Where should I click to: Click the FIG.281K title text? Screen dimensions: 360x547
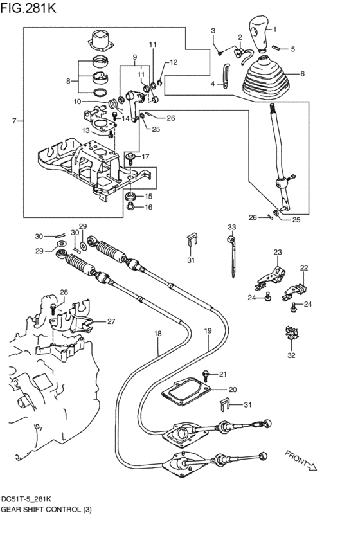click(x=28, y=8)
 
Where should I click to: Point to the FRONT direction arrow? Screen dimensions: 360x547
click(x=301, y=460)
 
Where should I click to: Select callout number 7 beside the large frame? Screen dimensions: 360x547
click(x=14, y=121)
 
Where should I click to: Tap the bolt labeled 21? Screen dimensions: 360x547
click(x=206, y=376)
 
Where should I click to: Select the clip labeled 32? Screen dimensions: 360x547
click(x=292, y=334)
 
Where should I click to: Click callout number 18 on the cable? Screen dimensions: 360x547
click(x=157, y=334)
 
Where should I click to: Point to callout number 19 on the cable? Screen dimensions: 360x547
click(x=208, y=331)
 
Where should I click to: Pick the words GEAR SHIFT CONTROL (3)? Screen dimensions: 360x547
click(x=46, y=509)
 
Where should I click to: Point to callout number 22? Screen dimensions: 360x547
click(x=304, y=268)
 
